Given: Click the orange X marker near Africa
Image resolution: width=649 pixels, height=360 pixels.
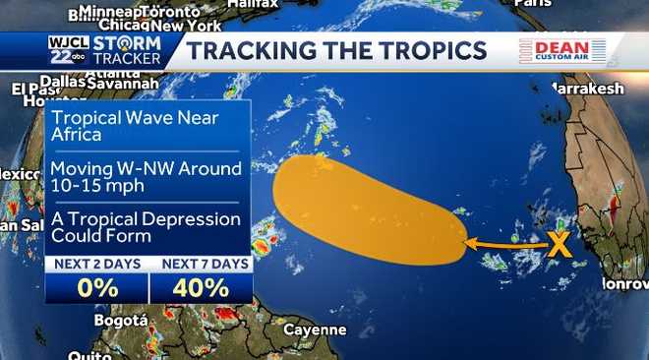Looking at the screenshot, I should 559,244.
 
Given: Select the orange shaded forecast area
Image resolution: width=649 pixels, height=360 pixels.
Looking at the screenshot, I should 364,207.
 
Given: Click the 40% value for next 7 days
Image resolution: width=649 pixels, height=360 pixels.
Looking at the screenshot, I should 201,287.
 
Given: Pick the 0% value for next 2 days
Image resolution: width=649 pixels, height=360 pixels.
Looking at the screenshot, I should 97,287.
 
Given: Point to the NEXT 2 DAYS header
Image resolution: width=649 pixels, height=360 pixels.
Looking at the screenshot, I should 96,264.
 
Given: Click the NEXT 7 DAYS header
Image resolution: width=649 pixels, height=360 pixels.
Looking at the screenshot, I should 201,264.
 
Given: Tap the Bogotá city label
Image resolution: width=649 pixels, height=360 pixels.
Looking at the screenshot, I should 121,321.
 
